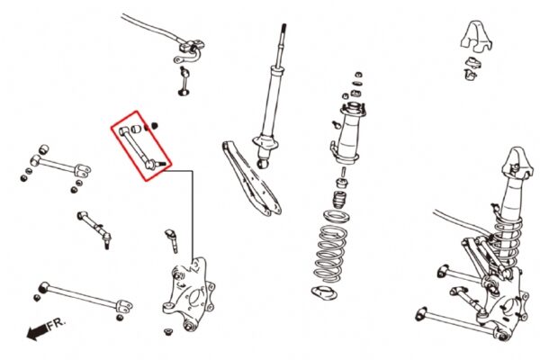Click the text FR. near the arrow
[56, 324]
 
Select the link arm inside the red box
[142, 148]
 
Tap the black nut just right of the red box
[154, 126]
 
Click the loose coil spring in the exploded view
[330, 254]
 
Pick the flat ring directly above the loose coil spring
[337, 216]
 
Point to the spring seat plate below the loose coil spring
[324, 292]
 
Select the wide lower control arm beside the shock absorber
[252, 179]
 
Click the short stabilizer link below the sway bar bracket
[184, 81]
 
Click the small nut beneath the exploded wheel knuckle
[168, 332]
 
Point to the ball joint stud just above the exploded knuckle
[172, 240]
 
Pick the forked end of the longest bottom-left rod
[124, 306]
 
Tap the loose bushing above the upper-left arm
[43, 149]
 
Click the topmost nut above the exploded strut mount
[358, 75]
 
